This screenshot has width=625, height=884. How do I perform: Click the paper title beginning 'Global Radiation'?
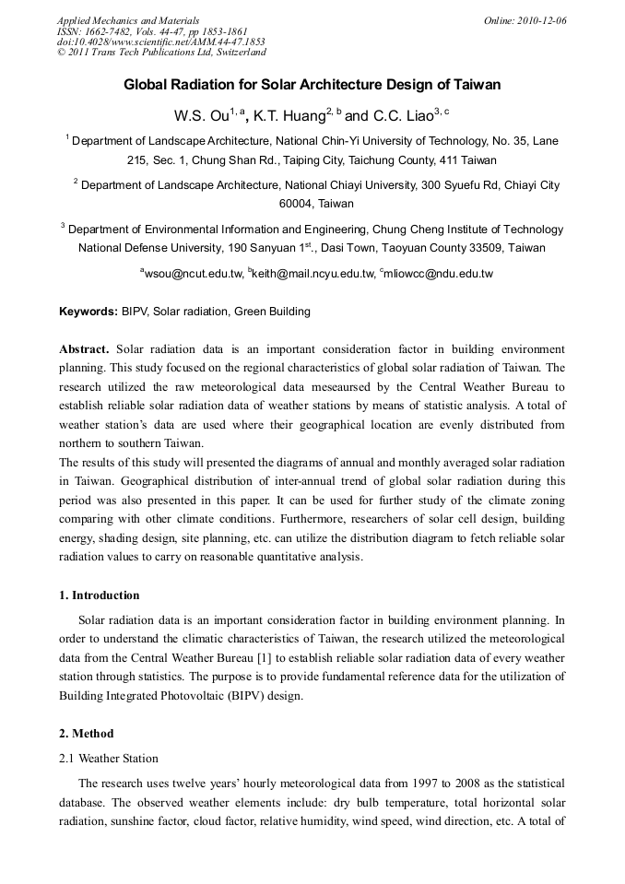(312, 85)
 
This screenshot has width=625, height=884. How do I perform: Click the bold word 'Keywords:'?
(88, 312)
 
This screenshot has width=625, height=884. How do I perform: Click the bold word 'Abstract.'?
(85, 349)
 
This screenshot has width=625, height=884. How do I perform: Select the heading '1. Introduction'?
(100, 595)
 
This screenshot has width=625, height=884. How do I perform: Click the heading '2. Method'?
(87, 734)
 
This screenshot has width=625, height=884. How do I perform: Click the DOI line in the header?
(161, 41)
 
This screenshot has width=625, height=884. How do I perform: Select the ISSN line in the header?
(152, 31)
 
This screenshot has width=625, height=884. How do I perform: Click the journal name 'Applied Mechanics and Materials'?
(128, 20)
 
